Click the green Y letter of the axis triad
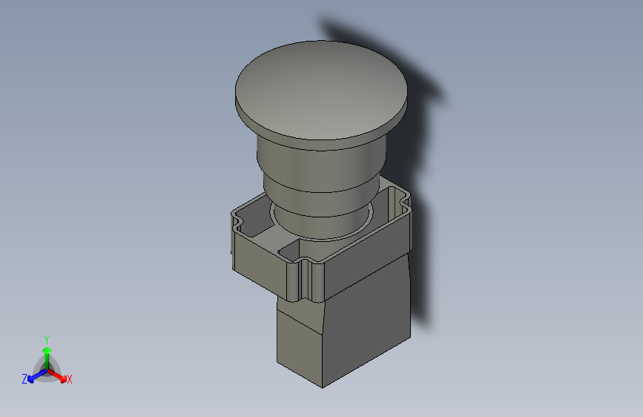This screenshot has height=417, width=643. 46,338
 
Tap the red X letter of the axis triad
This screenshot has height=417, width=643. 69,379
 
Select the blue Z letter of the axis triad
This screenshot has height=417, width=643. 24,378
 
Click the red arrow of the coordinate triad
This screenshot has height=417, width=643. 59,374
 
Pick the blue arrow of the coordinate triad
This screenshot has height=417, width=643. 33,374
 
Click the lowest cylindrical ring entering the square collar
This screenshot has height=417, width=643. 319,223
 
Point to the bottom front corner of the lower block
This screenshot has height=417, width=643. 322,386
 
